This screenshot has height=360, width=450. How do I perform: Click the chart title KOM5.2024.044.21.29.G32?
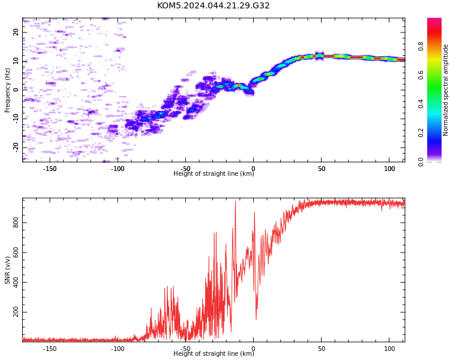pos(213,5)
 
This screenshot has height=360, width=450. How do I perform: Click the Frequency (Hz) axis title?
pos(7,90)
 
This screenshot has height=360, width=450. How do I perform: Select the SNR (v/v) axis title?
pos(7,270)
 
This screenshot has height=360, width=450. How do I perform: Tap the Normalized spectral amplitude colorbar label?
pos(445,90)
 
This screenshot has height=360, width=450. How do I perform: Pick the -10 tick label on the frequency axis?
pos(16,119)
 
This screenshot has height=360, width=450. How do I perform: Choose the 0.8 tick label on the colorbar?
pos(421,46)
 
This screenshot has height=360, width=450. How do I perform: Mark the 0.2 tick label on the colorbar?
pos(421,133)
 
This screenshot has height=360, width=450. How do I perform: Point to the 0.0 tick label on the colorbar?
pos(421,162)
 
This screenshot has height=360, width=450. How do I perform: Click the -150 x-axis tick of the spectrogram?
pos(50,169)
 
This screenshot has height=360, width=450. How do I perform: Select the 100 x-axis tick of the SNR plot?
pos(389,349)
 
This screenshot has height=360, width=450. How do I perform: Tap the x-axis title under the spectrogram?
pos(214,173)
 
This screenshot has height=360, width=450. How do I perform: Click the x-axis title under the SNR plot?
pos(214,353)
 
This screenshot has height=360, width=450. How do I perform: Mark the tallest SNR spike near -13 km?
pos(236,202)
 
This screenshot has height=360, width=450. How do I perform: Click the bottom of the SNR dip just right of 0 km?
pos(256,319)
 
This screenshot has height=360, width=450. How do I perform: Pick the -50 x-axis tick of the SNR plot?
pos(185,349)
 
